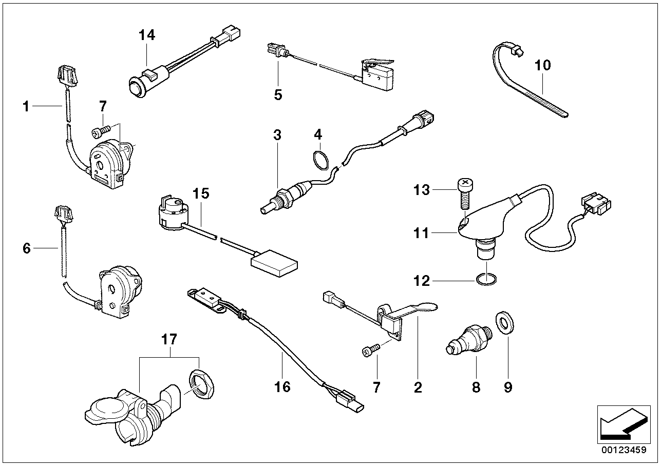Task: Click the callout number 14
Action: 146,35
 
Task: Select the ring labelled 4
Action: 320,159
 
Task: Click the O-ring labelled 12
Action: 486,280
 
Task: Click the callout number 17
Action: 169,339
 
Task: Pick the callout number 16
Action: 282,386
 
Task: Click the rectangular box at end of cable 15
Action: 274,265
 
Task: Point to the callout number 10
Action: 542,65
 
